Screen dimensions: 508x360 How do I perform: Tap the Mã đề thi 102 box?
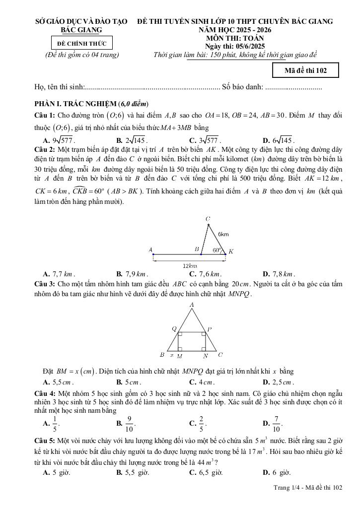[305, 70]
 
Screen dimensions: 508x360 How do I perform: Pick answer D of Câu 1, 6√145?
[280, 140]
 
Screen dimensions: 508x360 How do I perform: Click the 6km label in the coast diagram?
[223, 234]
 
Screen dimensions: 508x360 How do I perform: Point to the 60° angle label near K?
[216, 250]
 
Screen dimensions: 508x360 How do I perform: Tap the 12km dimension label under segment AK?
[183, 266]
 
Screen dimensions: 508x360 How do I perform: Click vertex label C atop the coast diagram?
[208, 218]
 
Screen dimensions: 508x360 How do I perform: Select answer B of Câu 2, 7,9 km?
[132, 273]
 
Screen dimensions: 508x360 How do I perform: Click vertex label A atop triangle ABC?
[192, 305]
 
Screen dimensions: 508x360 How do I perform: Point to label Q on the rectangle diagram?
[174, 328]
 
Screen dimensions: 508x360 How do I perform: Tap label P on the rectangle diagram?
[210, 328]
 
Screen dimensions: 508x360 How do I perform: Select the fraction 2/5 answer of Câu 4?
[200, 424]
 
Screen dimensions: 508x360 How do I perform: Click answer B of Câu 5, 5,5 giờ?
[133, 472]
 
